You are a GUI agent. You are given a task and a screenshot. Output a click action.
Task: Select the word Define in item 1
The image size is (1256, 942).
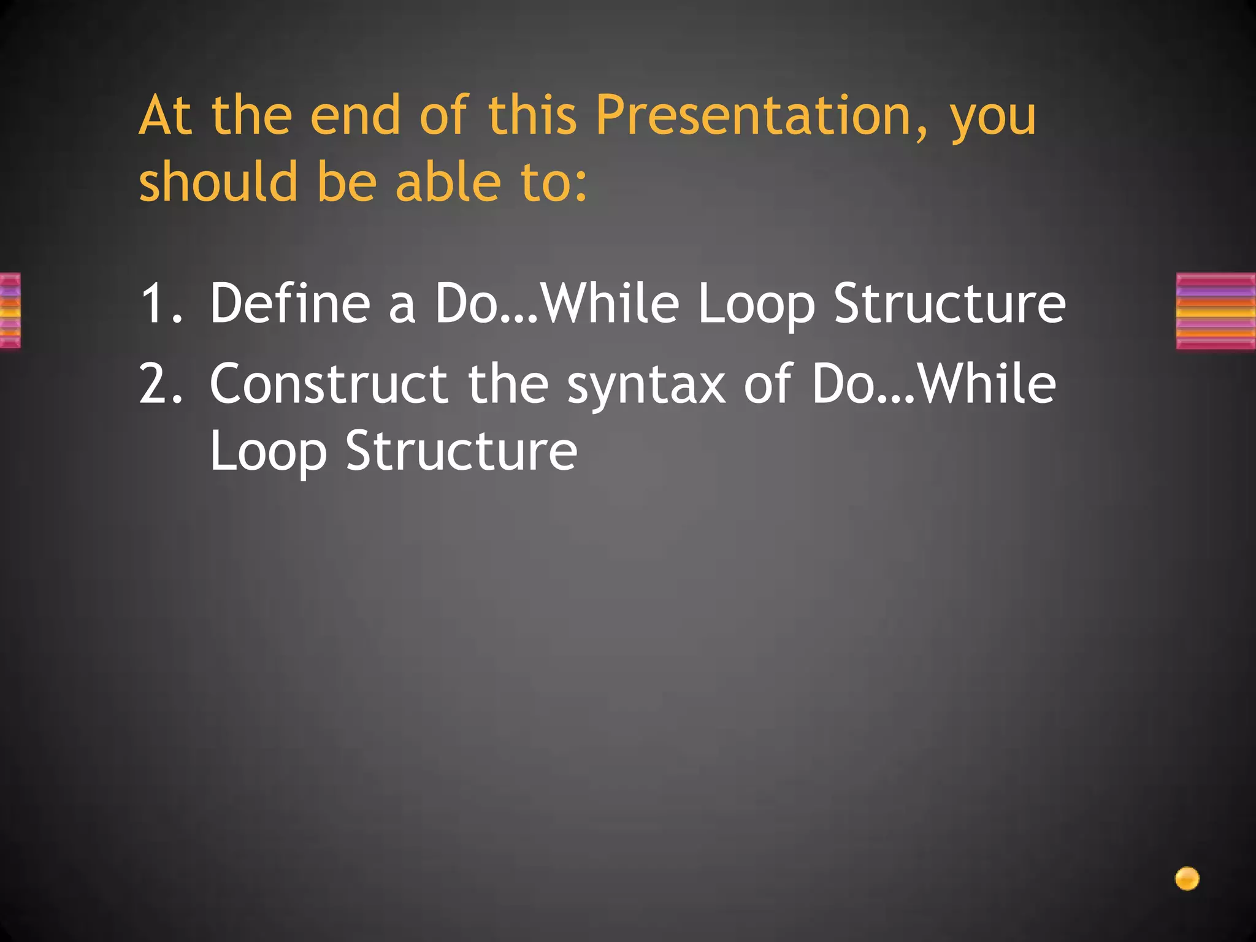289,303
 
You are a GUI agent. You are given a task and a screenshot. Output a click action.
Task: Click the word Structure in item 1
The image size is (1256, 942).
949,303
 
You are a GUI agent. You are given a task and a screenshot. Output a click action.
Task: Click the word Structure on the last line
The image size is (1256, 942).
461,451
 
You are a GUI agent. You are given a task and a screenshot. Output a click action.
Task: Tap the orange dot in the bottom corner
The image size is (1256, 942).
1187,878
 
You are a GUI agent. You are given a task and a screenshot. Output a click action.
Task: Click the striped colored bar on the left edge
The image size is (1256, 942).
10,311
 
